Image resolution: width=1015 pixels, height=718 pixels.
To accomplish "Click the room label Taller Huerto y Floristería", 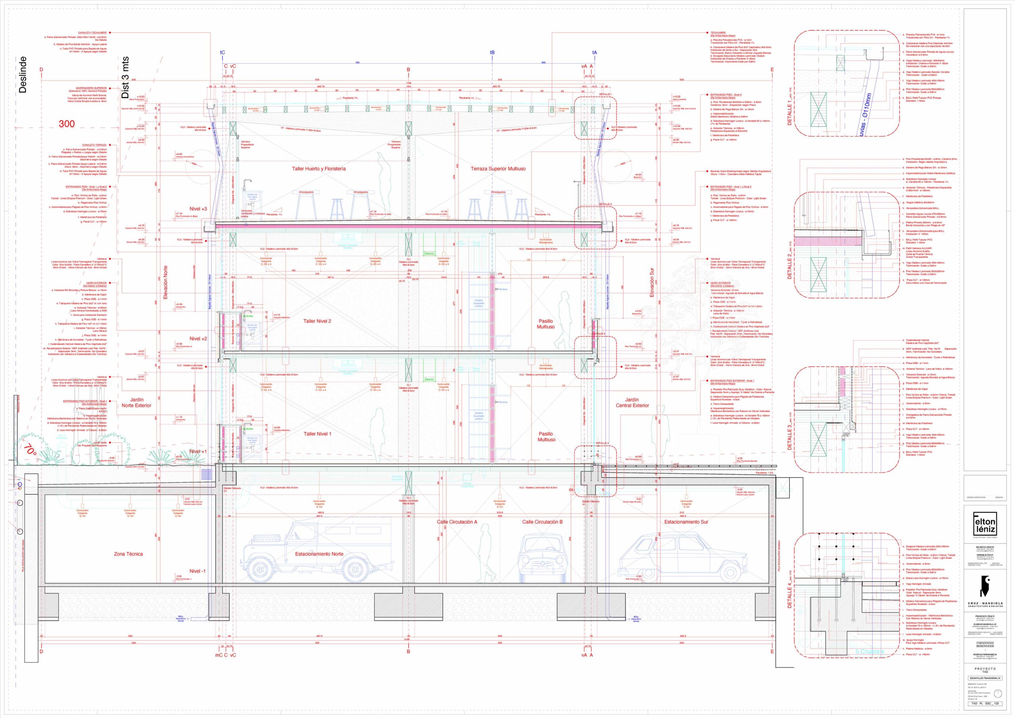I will pos(318,169).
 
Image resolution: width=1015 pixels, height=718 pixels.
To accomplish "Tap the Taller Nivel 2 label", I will pos(317,322).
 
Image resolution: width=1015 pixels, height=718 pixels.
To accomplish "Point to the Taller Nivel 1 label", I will pos(317,434).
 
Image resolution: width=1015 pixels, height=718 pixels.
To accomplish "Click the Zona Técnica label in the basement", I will pos(128,554).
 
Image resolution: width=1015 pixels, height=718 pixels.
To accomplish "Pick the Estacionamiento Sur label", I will pos(686,522).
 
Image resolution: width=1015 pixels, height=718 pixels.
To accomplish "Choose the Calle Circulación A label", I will pos(457,522).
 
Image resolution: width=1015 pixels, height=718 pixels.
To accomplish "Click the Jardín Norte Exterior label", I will pos(136,403).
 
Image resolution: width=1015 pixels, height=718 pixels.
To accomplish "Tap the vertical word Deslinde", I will pos(23,74).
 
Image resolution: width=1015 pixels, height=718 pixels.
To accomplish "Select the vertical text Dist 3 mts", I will pos(125,77).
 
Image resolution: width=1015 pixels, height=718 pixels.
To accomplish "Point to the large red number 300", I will pos(67,124).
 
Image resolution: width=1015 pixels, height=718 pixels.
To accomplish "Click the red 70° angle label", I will pos(31,450).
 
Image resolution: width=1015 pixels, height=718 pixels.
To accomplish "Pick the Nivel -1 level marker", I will pos(197,571).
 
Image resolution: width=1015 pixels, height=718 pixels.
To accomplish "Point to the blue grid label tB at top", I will pos(492,53).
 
